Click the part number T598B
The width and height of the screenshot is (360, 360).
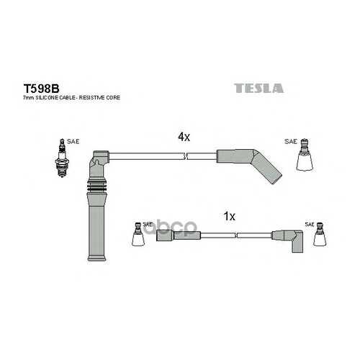coord(41,89)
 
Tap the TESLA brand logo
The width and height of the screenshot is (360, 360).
coord(258,88)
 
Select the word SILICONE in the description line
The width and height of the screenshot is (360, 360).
coord(46,98)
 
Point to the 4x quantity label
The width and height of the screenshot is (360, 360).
coord(184,137)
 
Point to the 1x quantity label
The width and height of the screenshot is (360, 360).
coord(230,217)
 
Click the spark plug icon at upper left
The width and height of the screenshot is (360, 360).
coord(62,158)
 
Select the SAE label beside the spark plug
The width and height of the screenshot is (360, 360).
coord(73,142)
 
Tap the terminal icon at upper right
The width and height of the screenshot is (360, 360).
coord(305,155)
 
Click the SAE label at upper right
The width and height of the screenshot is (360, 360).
coord(291,142)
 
